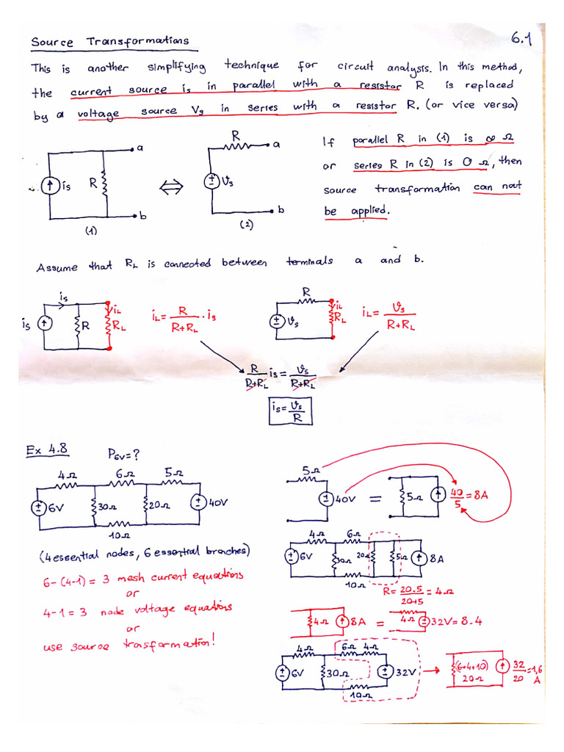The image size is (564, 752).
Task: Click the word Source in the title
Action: tap(51, 42)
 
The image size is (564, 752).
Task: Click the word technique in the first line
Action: tap(252, 66)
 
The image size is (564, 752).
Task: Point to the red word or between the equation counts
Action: tap(132, 593)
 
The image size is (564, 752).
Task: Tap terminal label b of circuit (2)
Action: tap(281, 211)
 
